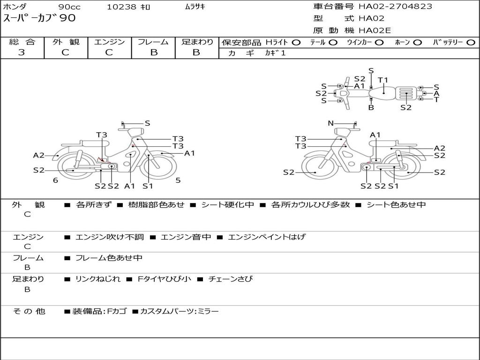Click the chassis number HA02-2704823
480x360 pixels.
pyautogui.click(x=395, y=6)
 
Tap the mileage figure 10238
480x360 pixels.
pyautogui.click(x=121, y=7)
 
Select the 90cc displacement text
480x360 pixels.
pyautogui.click(x=69, y=7)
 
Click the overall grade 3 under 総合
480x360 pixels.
pyautogui.click(x=22, y=52)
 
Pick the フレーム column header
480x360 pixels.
pyautogui.click(x=153, y=42)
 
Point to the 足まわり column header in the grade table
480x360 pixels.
pyautogui.click(x=197, y=42)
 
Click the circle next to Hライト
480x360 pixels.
pyautogui.click(x=296, y=43)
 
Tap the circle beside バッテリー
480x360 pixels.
pyautogui.click(x=471, y=43)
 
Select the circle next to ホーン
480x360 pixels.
pyautogui.click(x=418, y=43)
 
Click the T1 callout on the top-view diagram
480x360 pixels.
pyautogui.click(x=383, y=80)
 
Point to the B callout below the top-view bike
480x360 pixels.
pyautogui.click(x=371, y=107)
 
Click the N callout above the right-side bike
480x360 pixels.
pyautogui.click(x=330, y=123)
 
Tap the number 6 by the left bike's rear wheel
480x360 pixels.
pyautogui.click(x=55, y=180)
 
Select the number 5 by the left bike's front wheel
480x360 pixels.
pyautogui.click(x=178, y=180)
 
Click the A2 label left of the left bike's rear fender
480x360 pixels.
pyautogui.click(x=39, y=156)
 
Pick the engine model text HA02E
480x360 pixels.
pyautogui.click(x=375, y=30)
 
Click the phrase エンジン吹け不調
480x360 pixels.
pyautogui.click(x=109, y=237)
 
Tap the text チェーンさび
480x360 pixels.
pyautogui.click(x=230, y=279)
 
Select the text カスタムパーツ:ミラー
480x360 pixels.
pyautogui.click(x=180, y=311)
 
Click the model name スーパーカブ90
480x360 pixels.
pyautogui.click(x=39, y=18)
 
